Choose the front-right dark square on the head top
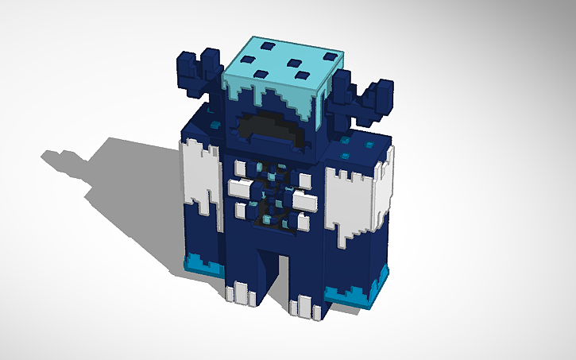point(301,76)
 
